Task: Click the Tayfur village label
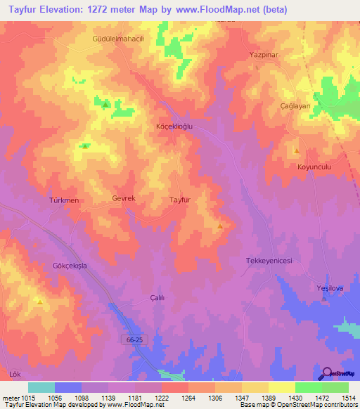(x=181, y=200)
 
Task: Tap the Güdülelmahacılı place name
(x=118, y=39)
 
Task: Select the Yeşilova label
(x=328, y=288)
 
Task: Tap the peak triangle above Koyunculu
(x=297, y=151)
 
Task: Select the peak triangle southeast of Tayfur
(x=221, y=226)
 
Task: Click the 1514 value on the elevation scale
(x=348, y=398)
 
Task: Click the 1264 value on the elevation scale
(x=187, y=398)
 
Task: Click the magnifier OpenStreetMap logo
(x=328, y=374)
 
